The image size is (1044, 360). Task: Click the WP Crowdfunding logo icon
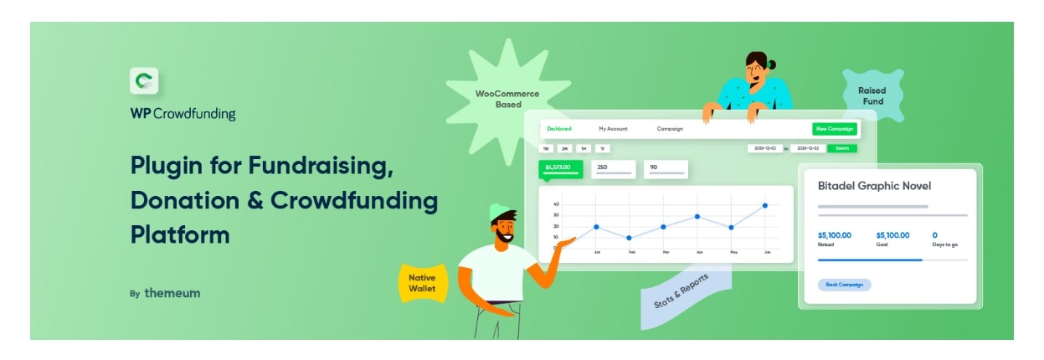click(x=144, y=81)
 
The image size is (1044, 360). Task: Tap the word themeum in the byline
click(x=172, y=294)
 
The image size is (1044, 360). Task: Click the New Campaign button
click(x=835, y=129)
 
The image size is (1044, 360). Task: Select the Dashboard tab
click(x=559, y=129)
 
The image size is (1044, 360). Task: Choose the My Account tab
click(x=613, y=129)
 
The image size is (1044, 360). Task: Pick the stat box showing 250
click(x=614, y=169)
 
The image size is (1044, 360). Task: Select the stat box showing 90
click(x=666, y=169)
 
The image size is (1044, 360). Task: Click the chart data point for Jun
click(x=765, y=205)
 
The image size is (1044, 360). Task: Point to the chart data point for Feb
click(x=630, y=238)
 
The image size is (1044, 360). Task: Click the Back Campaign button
click(x=844, y=285)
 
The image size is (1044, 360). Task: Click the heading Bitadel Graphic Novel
click(x=874, y=186)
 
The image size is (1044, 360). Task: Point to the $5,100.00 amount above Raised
click(x=835, y=235)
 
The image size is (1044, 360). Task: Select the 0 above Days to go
click(x=935, y=235)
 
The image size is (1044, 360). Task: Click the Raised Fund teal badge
click(x=872, y=96)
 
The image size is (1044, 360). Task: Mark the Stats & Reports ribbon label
click(x=681, y=289)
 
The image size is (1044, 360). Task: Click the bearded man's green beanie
click(x=499, y=211)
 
